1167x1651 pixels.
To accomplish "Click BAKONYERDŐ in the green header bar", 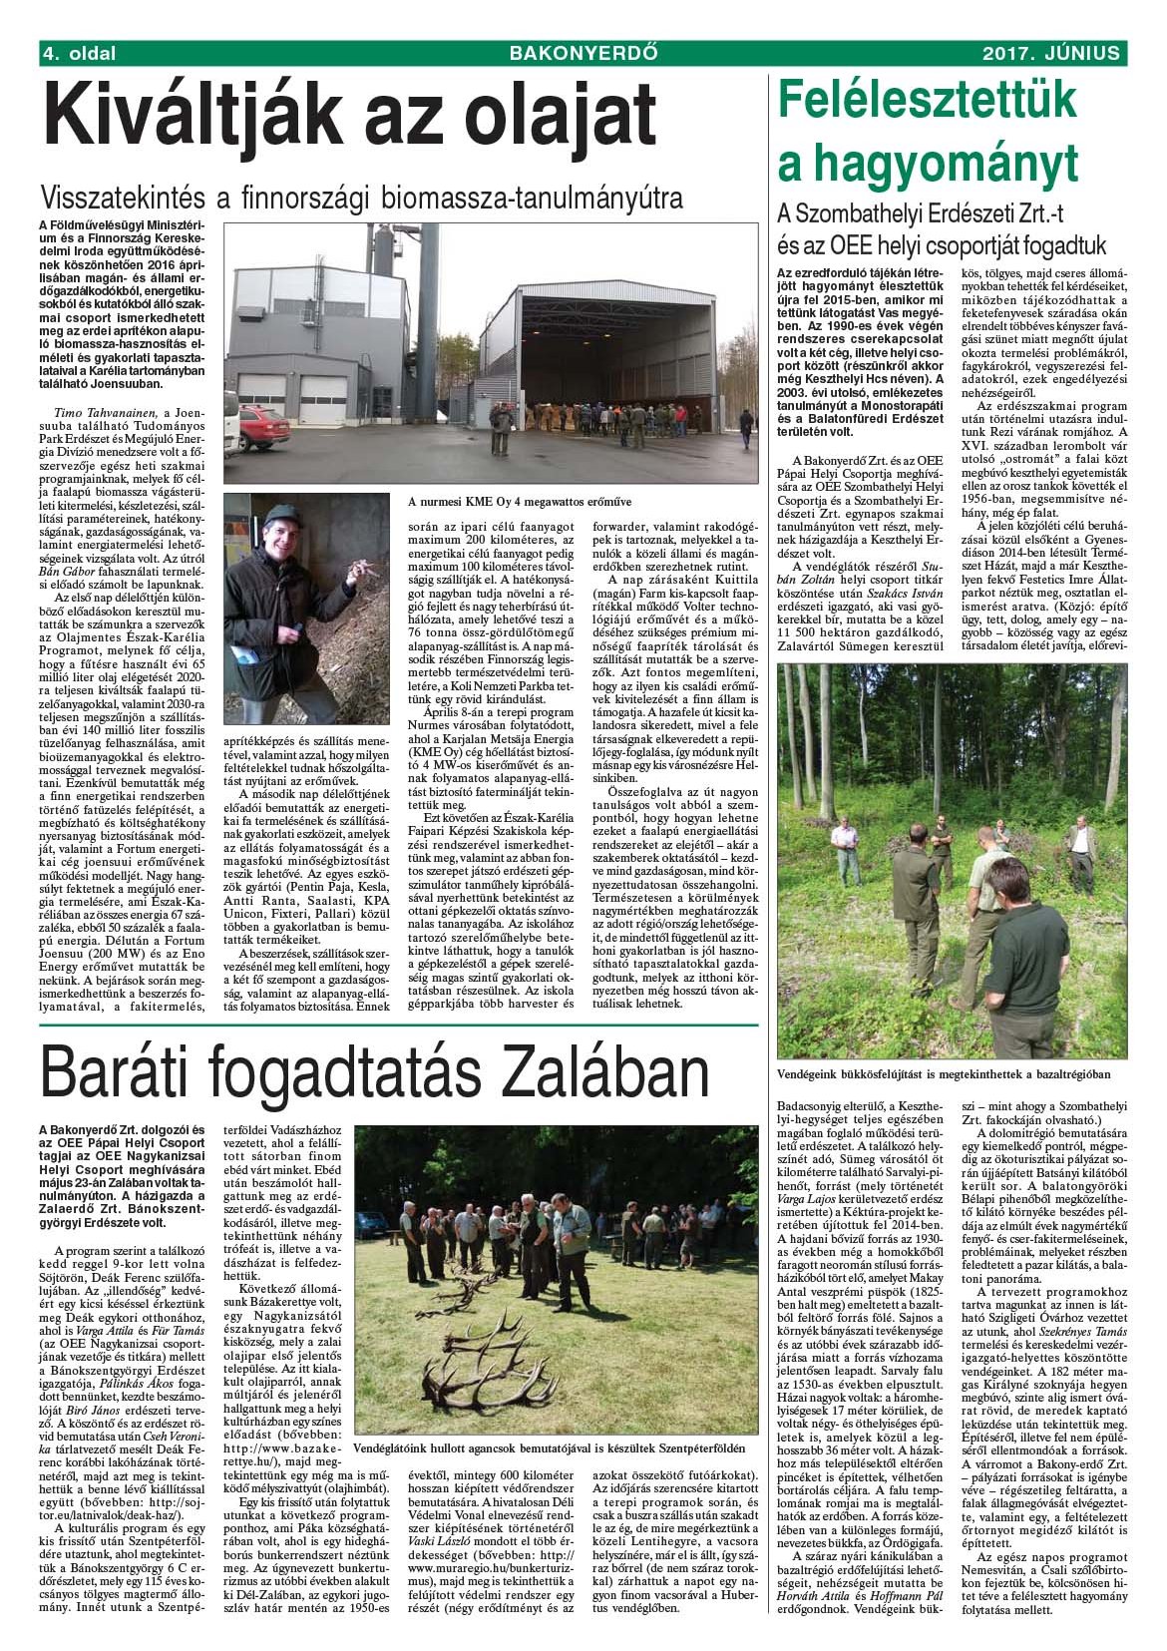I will [583, 53].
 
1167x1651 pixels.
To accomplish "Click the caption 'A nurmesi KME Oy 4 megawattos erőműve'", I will [521, 500].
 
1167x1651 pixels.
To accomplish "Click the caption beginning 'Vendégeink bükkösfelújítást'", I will [943, 1072].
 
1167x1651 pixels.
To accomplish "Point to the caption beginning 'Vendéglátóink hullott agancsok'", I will [549, 1446].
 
